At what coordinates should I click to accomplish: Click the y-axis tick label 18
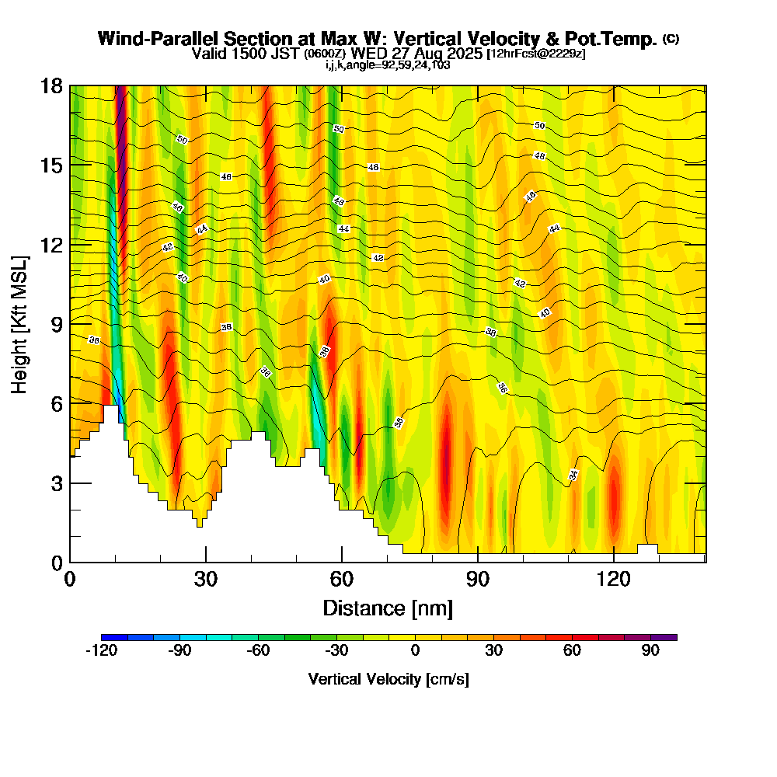[51, 86]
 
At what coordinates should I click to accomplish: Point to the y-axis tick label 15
[51, 166]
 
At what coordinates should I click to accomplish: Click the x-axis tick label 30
[206, 579]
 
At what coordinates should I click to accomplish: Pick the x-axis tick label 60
[342, 579]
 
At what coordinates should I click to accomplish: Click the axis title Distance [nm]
[388, 608]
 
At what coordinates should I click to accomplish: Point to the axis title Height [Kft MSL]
[20, 324]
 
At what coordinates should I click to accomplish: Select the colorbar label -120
[101, 651]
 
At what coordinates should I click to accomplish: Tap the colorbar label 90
[651, 651]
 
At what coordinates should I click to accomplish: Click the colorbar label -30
[336, 651]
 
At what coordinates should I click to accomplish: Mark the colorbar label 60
[573, 651]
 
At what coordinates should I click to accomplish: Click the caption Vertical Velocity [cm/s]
[388, 679]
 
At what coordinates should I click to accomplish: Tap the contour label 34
[573, 475]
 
